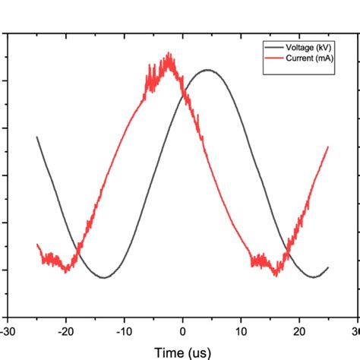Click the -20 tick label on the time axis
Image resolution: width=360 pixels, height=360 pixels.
pos(65,331)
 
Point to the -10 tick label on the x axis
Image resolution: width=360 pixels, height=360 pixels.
pos(124,331)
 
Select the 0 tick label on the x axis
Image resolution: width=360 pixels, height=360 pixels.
pos(182,331)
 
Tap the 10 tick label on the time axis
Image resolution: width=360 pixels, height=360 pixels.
pos(241,331)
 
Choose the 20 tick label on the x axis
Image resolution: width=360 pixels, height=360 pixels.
pos(299,331)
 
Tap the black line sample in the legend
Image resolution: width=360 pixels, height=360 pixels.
pos(273,47)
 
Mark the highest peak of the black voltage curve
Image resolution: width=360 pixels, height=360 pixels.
pos(207,70)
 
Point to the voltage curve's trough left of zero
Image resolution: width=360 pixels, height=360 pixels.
pos(104,277)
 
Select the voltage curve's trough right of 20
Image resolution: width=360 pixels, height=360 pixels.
pos(312,277)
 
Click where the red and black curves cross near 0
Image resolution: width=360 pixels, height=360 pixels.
pos(182,93)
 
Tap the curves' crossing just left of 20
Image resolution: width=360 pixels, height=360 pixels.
pos(286,254)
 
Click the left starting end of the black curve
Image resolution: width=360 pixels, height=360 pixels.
pos(36,137)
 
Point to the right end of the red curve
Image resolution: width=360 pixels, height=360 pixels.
pos(328,147)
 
